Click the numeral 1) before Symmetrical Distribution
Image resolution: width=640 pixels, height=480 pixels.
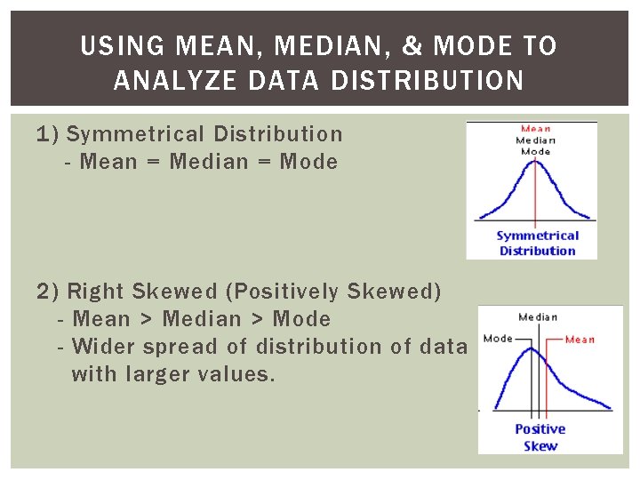[x=48, y=134]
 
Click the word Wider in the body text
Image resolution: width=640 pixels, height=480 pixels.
[x=105, y=347]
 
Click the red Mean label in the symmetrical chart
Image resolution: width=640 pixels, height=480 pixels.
[x=535, y=129]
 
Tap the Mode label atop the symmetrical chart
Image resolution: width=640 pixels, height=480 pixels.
[x=535, y=151]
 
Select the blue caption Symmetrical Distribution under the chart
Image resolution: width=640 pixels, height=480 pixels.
[x=537, y=243]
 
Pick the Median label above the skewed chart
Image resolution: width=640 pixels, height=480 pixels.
[x=538, y=317]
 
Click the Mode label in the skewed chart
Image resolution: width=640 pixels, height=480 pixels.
[x=498, y=339]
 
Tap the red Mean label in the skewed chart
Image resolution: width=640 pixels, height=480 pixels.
[x=580, y=339]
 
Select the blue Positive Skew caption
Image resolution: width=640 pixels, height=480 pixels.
[x=540, y=437]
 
